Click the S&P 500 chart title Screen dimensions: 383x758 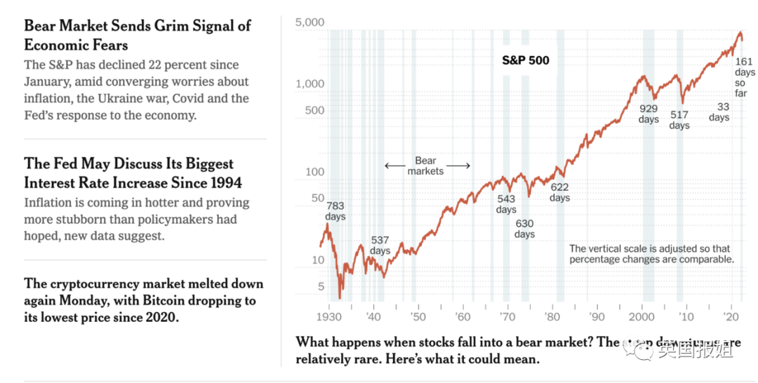(526, 60)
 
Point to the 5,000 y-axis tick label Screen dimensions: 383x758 (310, 22)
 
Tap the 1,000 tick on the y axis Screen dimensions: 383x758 (310, 84)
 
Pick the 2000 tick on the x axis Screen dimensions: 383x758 (642, 317)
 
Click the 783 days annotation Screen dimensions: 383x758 (335, 211)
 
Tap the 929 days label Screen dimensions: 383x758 (649, 114)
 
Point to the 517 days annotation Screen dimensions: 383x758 (679, 120)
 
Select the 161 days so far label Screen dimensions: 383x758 (745, 78)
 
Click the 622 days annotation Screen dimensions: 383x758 (559, 192)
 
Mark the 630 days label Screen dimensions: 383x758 (524, 229)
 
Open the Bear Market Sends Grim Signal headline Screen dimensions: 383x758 (137, 35)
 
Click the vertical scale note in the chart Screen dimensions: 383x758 (651, 254)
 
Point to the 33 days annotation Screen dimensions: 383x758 (719, 112)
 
